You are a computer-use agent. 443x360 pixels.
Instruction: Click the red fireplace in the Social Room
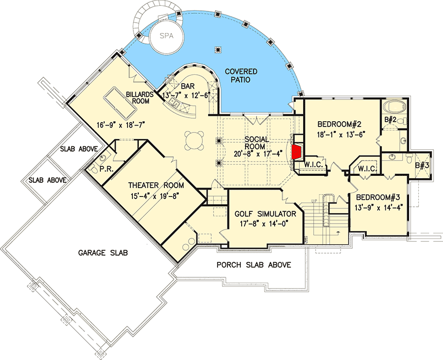click(x=296, y=152)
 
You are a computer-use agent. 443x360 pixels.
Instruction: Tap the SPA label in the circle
click(x=166, y=36)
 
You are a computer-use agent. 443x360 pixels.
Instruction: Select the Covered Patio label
click(x=241, y=75)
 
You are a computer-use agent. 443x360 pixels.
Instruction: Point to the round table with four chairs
click(x=194, y=140)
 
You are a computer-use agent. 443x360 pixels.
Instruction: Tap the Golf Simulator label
click(x=265, y=214)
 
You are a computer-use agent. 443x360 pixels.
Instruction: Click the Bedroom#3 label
click(x=378, y=197)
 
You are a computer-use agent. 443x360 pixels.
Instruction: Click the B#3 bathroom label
click(x=422, y=165)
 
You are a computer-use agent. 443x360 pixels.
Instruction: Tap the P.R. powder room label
click(x=106, y=169)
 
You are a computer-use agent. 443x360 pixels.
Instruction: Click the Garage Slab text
click(x=103, y=253)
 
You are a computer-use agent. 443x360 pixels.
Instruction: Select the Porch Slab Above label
click(x=253, y=265)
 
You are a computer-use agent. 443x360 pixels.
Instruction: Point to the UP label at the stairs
click(x=314, y=200)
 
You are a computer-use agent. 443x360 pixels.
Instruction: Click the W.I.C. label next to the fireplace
click(x=314, y=165)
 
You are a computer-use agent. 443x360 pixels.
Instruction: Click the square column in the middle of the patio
click(x=218, y=49)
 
